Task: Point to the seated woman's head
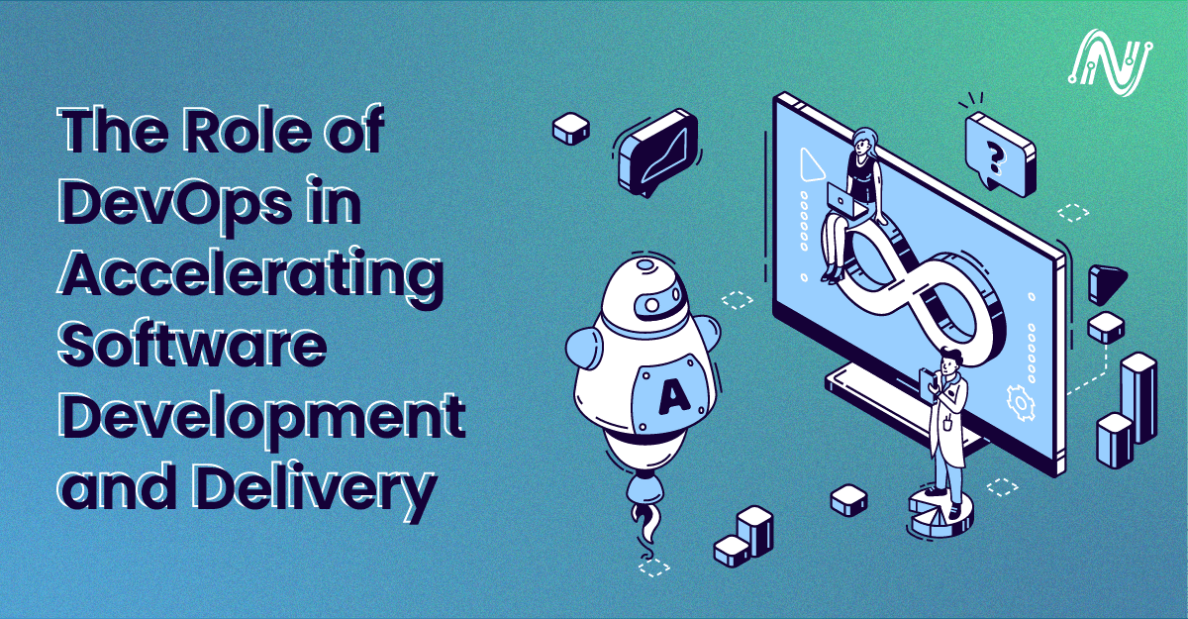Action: click(x=863, y=142)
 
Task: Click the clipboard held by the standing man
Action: click(x=927, y=381)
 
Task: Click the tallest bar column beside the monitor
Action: click(x=1138, y=396)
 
